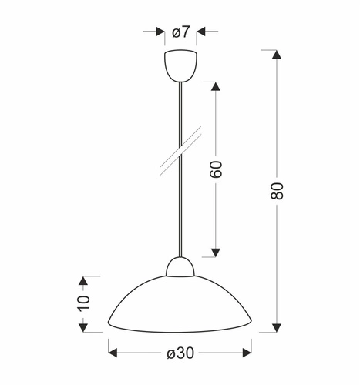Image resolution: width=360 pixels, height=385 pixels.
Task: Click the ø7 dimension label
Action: point(181,32)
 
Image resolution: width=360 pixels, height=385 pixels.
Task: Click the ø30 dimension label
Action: point(180,353)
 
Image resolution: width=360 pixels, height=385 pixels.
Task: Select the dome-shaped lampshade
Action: point(180,304)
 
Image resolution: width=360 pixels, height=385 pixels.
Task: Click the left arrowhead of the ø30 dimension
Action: point(113,353)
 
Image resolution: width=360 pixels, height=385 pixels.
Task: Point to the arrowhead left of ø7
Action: point(160,32)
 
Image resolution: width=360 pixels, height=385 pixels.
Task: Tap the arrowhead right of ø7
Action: point(202,32)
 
